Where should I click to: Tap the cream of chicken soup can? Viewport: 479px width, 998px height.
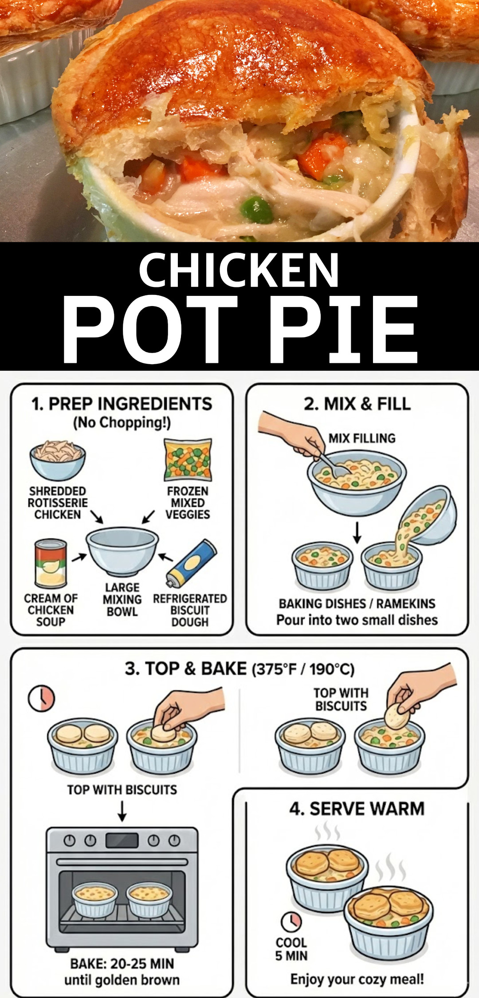(51, 564)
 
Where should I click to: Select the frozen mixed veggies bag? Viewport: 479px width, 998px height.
(188, 460)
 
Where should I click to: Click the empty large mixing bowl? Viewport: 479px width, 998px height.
(122, 552)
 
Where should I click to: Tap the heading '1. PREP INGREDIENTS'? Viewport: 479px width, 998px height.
(122, 404)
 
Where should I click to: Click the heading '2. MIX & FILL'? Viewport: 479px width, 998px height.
(357, 404)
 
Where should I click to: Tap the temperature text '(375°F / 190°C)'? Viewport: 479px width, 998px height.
(303, 669)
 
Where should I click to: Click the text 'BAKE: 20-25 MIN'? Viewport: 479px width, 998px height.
(122, 963)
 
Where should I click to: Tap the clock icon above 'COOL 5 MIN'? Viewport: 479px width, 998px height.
(291, 922)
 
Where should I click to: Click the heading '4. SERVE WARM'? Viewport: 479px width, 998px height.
(357, 809)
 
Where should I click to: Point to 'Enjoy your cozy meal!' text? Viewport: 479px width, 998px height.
(357, 979)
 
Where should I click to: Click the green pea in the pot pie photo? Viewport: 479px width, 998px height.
(256, 209)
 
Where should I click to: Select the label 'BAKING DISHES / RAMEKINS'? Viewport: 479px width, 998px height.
(357, 603)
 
